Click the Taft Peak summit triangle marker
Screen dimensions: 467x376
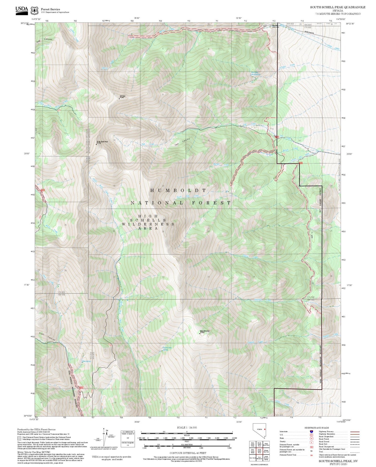click(119, 98)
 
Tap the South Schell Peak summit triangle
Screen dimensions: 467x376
click(96, 144)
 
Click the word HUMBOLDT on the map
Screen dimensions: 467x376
click(179, 191)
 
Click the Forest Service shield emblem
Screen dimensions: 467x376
click(34, 10)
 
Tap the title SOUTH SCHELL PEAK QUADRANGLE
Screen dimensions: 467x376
click(337, 7)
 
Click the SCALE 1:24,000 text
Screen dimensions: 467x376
click(187, 427)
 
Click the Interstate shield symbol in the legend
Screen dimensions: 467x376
click(311, 432)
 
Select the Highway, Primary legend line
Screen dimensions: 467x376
click(355, 432)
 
